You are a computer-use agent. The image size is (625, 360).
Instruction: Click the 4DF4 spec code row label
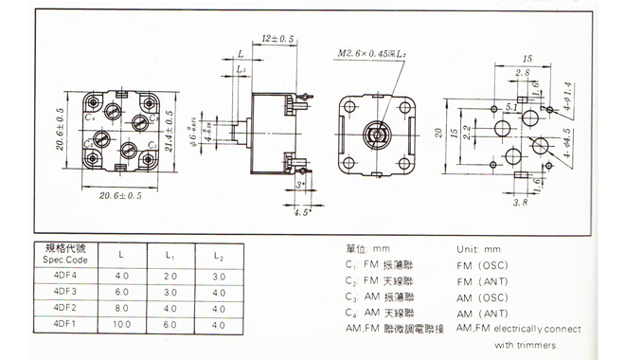click(x=65, y=276)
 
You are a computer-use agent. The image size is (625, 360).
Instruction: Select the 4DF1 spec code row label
click(x=65, y=324)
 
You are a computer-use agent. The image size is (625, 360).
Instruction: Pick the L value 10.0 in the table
click(x=121, y=324)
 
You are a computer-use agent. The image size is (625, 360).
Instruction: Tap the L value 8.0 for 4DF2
click(x=121, y=308)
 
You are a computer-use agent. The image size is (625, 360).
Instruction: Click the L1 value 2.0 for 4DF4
click(x=170, y=276)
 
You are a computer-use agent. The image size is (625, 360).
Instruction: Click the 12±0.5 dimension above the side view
click(x=278, y=39)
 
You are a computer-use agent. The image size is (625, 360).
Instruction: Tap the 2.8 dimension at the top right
click(x=523, y=72)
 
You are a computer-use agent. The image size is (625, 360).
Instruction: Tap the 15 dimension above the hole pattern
click(x=527, y=58)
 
